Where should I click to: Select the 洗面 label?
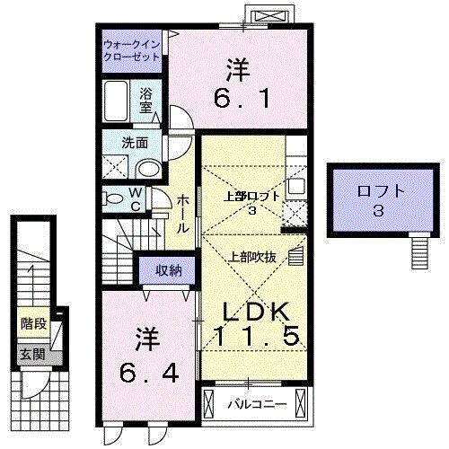point(135,141)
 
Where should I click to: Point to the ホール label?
point(182,215)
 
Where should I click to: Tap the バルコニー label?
point(256,404)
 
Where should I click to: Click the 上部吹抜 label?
point(253,256)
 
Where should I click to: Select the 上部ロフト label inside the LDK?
point(252,195)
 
